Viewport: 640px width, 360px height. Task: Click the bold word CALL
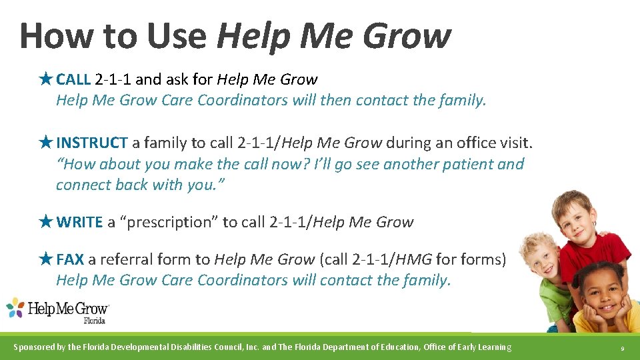point(73,80)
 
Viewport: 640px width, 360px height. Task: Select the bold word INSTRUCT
point(92,143)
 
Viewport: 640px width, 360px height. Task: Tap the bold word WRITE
point(79,222)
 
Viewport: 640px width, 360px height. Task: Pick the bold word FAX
point(70,259)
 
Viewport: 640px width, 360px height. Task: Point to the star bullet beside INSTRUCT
point(46,143)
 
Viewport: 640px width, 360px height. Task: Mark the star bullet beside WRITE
point(46,222)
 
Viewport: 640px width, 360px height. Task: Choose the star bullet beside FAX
point(46,259)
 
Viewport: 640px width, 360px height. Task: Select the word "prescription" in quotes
point(169,222)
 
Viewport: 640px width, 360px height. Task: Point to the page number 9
point(622,348)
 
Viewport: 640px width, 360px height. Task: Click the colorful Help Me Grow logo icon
point(16,308)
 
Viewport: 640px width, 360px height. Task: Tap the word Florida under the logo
point(94,321)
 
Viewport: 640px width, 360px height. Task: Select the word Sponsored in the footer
point(36,347)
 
